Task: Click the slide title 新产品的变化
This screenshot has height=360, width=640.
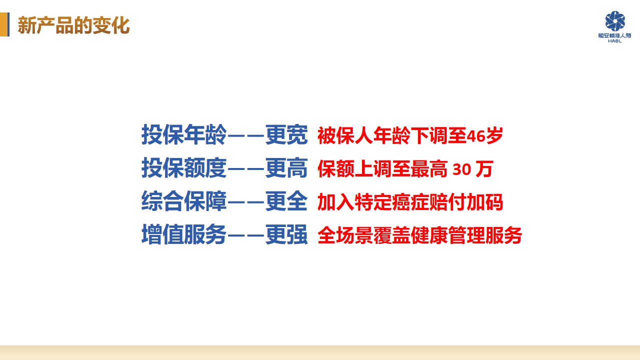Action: pyautogui.click(x=73, y=25)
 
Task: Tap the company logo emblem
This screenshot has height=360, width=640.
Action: pyautogui.click(x=615, y=21)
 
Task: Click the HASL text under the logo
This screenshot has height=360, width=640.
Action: pyautogui.click(x=615, y=41)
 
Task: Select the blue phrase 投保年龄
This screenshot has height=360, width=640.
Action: pyautogui.click(x=184, y=134)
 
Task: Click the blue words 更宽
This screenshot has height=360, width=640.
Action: pyautogui.click(x=286, y=134)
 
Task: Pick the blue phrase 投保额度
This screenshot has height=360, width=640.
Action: pyautogui.click(x=184, y=167)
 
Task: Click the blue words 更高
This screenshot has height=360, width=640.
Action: pyautogui.click(x=286, y=167)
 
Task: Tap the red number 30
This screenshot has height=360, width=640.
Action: pyautogui.click(x=461, y=169)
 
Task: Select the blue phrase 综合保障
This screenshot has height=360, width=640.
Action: pyautogui.click(x=184, y=201)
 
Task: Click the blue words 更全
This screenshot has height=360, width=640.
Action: pyautogui.click(x=286, y=201)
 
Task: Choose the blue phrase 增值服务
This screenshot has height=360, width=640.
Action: pyautogui.click(x=184, y=234)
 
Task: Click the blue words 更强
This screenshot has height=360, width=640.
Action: pyautogui.click(x=286, y=234)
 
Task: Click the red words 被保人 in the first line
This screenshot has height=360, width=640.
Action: pyautogui.click(x=345, y=135)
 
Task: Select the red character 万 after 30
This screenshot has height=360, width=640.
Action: pyautogui.click(x=484, y=169)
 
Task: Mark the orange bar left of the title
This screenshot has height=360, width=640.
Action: pyautogui.click(x=3, y=24)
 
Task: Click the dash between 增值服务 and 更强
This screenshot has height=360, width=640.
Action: pyautogui.click(x=246, y=235)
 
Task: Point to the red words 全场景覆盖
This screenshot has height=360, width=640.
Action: pyautogui.click(x=364, y=235)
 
